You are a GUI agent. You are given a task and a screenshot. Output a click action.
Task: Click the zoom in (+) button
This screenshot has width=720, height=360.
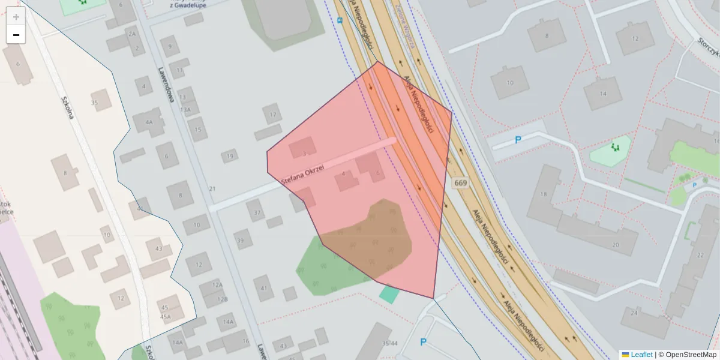16,17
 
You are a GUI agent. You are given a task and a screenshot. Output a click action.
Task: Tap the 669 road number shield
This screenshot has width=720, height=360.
460,182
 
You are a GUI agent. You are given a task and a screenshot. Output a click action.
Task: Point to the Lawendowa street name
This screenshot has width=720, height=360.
166,84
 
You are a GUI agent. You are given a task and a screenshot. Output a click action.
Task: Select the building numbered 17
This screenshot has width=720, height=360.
273,114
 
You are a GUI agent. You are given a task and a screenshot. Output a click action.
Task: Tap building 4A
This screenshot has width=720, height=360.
149,122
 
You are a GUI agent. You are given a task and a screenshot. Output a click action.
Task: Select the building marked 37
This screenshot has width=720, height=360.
257,212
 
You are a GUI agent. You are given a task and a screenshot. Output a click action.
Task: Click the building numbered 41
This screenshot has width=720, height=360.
263,288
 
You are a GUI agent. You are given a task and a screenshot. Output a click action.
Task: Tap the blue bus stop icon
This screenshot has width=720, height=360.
340,20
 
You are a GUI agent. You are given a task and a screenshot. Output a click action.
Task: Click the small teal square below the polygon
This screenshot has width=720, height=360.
389,294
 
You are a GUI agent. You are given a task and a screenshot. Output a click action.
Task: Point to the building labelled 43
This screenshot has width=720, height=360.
158,248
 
